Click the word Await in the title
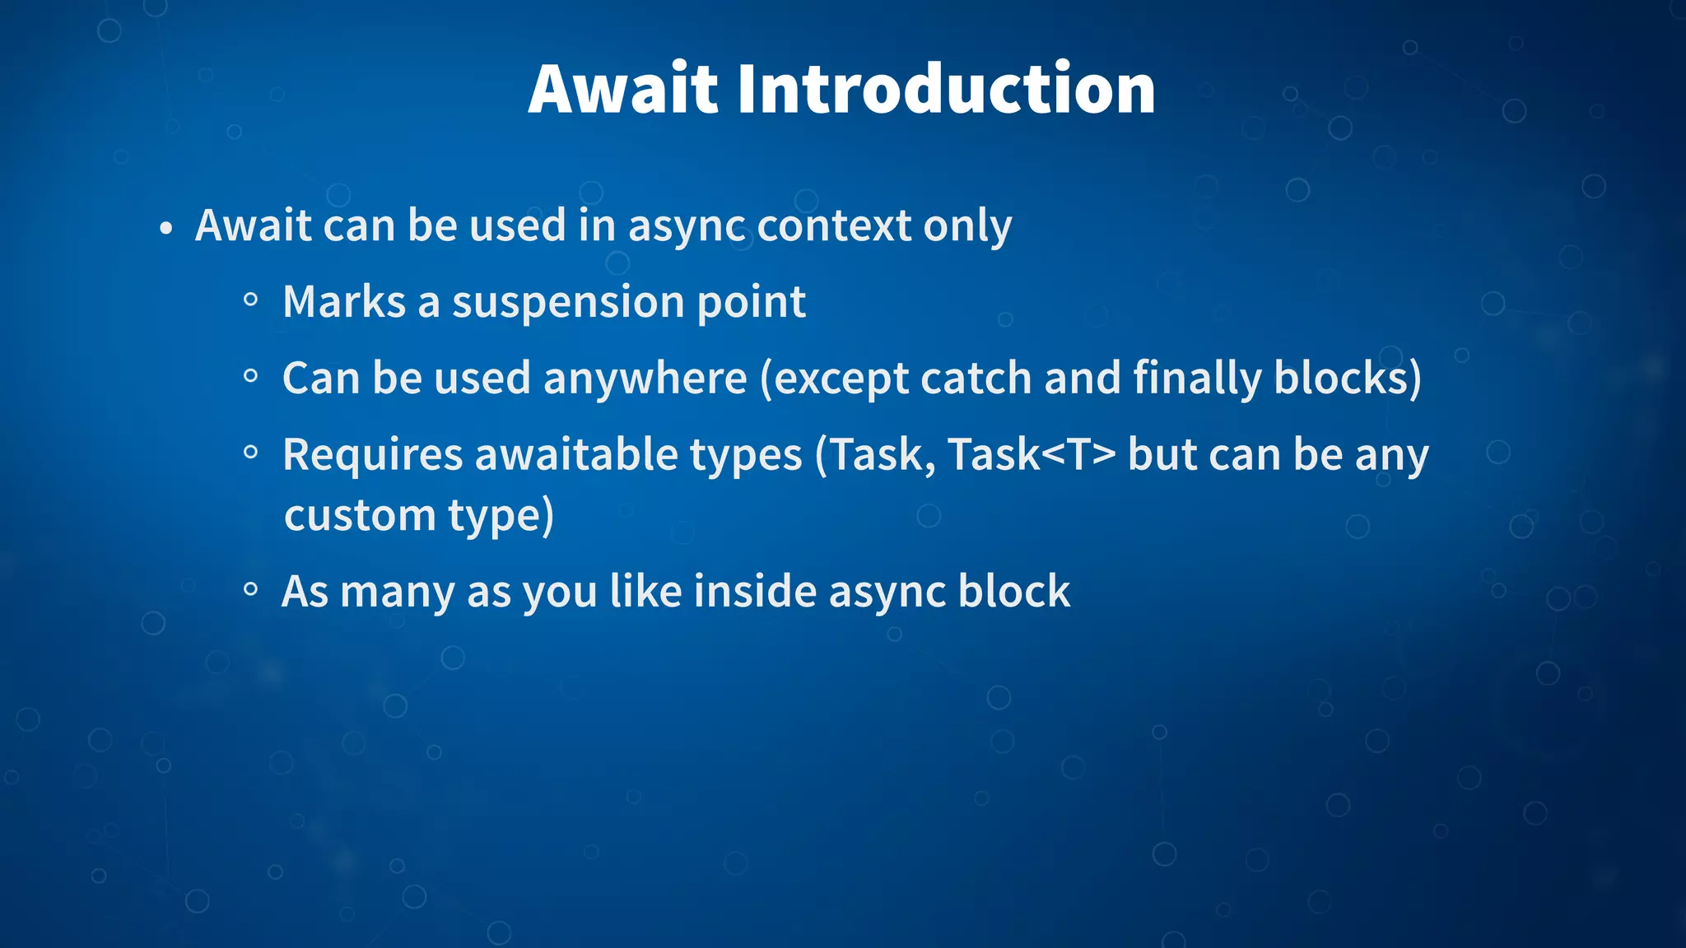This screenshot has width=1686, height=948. coord(624,89)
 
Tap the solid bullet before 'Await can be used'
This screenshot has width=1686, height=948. coord(166,229)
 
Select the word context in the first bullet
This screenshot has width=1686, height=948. coord(834,225)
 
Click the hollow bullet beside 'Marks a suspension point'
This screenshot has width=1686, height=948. coord(251,300)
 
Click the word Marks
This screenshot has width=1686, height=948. coord(344,301)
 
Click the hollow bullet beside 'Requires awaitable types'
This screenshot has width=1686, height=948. coord(251,452)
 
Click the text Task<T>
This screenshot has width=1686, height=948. coord(1032,454)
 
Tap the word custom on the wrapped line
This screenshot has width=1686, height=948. coord(360,516)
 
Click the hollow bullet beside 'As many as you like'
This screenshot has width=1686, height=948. coord(251,589)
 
